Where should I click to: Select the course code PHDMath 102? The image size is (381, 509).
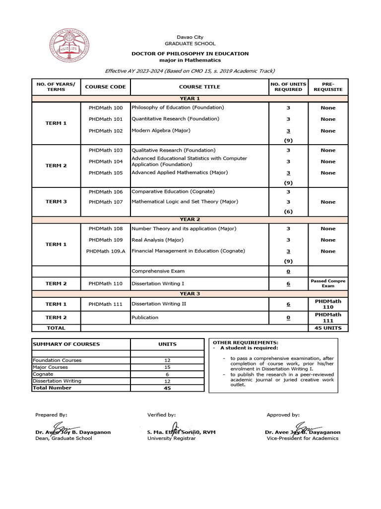click(105, 131)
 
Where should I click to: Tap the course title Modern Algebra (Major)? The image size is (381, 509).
click(160, 131)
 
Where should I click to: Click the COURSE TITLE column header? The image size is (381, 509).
click(199, 87)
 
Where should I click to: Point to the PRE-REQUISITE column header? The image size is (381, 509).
click(328, 87)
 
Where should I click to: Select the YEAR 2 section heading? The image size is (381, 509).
click(190, 220)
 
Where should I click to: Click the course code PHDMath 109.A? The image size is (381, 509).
click(106, 251)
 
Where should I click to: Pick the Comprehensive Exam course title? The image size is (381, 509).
click(158, 271)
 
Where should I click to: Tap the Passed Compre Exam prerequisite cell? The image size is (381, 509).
click(328, 283)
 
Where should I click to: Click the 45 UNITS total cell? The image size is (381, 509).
click(328, 328)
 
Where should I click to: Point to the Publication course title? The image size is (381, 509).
click(145, 318)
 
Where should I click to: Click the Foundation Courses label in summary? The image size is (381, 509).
click(57, 360)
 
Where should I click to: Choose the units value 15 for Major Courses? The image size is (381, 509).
click(167, 367)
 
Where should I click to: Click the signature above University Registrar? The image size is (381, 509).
click(175, 428)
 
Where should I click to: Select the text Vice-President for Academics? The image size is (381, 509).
click(303, 438)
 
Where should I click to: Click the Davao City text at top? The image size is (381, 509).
click(190, 37)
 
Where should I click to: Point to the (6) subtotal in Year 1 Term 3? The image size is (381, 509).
click(288, 212)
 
